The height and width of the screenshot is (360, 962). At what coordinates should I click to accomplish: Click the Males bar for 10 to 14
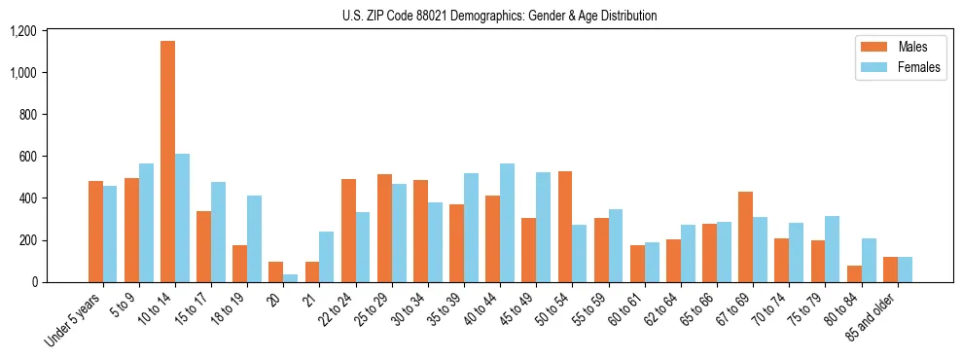[167, 162]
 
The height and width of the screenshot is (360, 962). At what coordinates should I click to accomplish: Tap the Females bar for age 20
[290, 278]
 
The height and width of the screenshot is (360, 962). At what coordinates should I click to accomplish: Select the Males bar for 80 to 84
[853, 273]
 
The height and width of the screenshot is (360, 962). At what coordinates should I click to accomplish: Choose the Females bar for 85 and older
[905, 270]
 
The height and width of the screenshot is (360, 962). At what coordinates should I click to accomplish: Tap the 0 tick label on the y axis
[34, 282]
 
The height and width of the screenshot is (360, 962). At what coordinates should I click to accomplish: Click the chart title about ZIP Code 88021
[499, 16]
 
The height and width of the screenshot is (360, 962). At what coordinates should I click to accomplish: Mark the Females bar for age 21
[326, 257]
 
